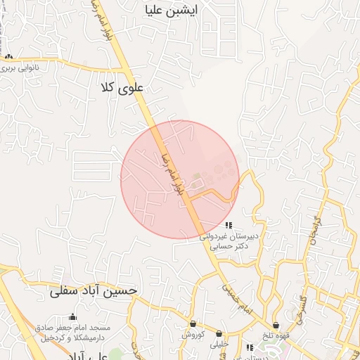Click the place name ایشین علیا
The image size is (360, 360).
(x=169, y=11)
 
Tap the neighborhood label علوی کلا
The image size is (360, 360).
(x=122, y=88)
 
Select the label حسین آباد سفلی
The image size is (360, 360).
(x=94, y=290)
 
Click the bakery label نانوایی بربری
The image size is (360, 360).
(x=29, y=69)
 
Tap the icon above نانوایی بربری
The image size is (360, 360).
(x=8, y=57)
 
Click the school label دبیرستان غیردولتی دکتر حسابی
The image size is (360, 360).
(x=229, y=242)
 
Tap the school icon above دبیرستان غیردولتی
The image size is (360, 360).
(x=229, y=225)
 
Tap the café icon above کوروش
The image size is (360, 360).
(x=193, y=323)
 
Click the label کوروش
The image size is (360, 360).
(x=193, y=334)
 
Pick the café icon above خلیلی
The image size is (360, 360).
(x=219, y=334)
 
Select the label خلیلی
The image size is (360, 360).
(x=219, y=345)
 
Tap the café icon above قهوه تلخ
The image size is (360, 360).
(x=276, y=326)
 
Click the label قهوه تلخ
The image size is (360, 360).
(x=276, y=336)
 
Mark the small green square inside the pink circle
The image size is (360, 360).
(x=196, y=175)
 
